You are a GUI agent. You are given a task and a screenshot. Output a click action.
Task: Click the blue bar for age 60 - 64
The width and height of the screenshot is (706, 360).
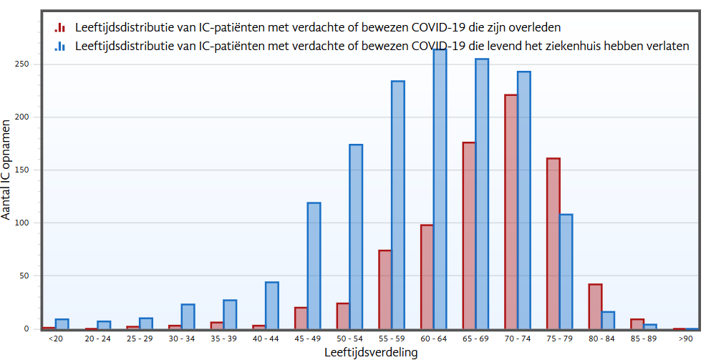440,189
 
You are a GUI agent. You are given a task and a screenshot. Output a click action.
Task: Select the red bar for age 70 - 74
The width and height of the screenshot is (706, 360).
511,212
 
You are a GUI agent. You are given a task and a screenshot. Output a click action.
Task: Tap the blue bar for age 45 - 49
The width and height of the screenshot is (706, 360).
314,266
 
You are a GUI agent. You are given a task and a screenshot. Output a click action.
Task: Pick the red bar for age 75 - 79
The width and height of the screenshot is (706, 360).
553,243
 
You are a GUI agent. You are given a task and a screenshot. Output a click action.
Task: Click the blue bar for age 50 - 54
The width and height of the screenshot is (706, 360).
356,237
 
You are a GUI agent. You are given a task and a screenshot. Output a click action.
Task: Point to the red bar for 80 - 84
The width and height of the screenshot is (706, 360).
595,306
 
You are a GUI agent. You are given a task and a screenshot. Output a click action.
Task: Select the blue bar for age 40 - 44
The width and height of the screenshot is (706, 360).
272,306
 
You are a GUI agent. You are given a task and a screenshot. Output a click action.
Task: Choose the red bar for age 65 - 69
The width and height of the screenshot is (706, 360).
469,235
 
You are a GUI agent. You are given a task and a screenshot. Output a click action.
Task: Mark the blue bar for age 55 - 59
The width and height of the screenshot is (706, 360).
398,205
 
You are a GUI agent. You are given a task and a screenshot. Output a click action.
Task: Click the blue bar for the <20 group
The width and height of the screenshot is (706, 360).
62,324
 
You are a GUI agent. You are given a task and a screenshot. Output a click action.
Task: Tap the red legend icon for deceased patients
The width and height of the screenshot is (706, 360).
60,28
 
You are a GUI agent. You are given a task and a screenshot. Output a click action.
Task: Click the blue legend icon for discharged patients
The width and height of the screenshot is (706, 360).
60,46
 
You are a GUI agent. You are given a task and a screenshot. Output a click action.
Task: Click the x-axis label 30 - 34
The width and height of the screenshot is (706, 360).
181,339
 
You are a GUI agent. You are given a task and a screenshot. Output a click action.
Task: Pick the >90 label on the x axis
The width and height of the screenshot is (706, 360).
686,339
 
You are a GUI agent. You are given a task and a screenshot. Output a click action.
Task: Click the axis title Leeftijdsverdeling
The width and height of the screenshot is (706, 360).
371,352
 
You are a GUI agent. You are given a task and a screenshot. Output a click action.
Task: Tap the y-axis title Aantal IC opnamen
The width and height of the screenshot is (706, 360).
6,170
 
